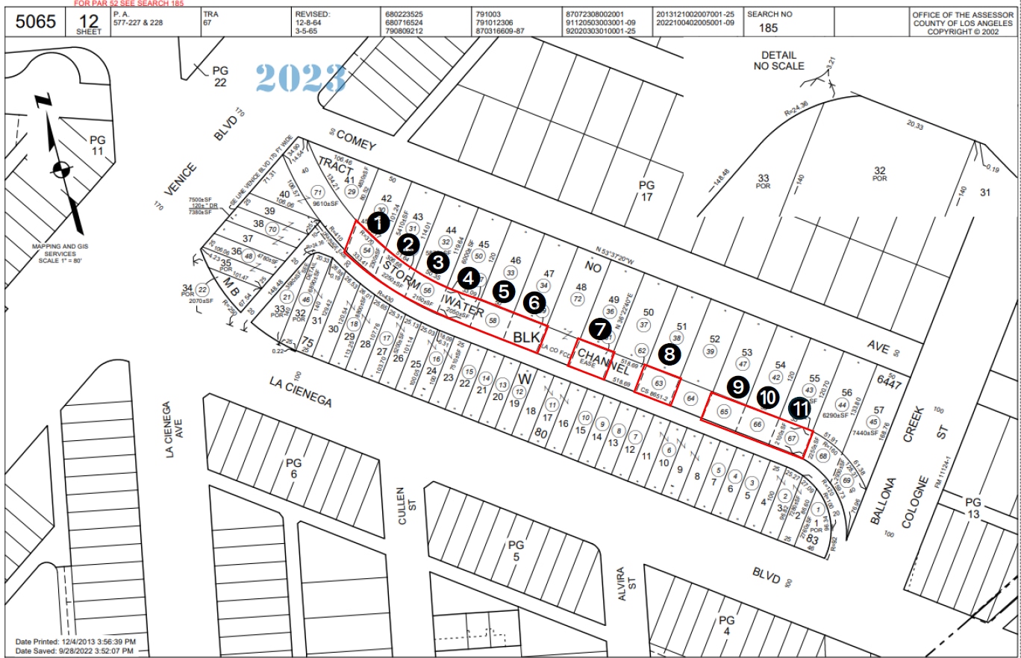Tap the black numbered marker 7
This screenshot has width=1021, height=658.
coord(599,328)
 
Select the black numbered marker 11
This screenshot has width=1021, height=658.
coord(799,407)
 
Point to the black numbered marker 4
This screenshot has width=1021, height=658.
coord(468,278)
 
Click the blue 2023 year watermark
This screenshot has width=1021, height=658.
coord(301,78)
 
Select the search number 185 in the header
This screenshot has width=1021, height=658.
coord(768,28)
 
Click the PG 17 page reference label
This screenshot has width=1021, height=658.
coord(646,190)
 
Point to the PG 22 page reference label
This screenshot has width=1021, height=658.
coord(219,76)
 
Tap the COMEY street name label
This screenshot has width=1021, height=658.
coord(355,139)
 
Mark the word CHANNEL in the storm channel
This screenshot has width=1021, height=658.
coord(604,360)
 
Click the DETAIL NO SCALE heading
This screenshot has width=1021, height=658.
coord(779,60)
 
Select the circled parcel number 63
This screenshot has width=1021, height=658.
coord(658,383)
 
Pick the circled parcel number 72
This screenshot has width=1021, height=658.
coord(577,298)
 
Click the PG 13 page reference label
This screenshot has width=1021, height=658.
coord(972,507)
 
